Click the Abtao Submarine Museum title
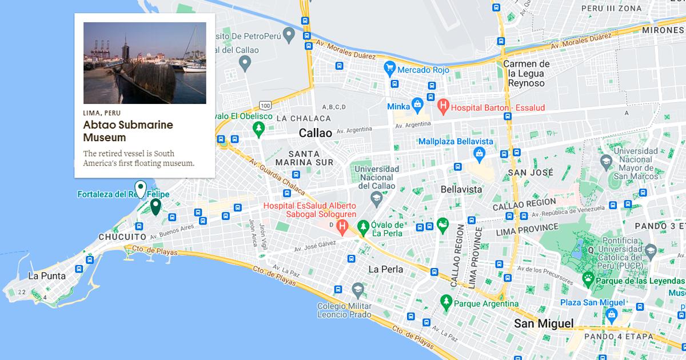tap(128, 131)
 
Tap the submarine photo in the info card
tap(145, 63)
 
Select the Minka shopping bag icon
tap(418, 105)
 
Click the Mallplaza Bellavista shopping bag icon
tap(479, 153)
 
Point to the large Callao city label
tap(315, 133)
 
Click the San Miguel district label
tap(543, 324)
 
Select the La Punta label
tap(47, 276)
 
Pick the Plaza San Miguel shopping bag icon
tap(611, 314)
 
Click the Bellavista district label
tap(461, 189)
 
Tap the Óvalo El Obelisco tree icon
tap(260, 129)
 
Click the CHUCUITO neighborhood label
tap(122, 237)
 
